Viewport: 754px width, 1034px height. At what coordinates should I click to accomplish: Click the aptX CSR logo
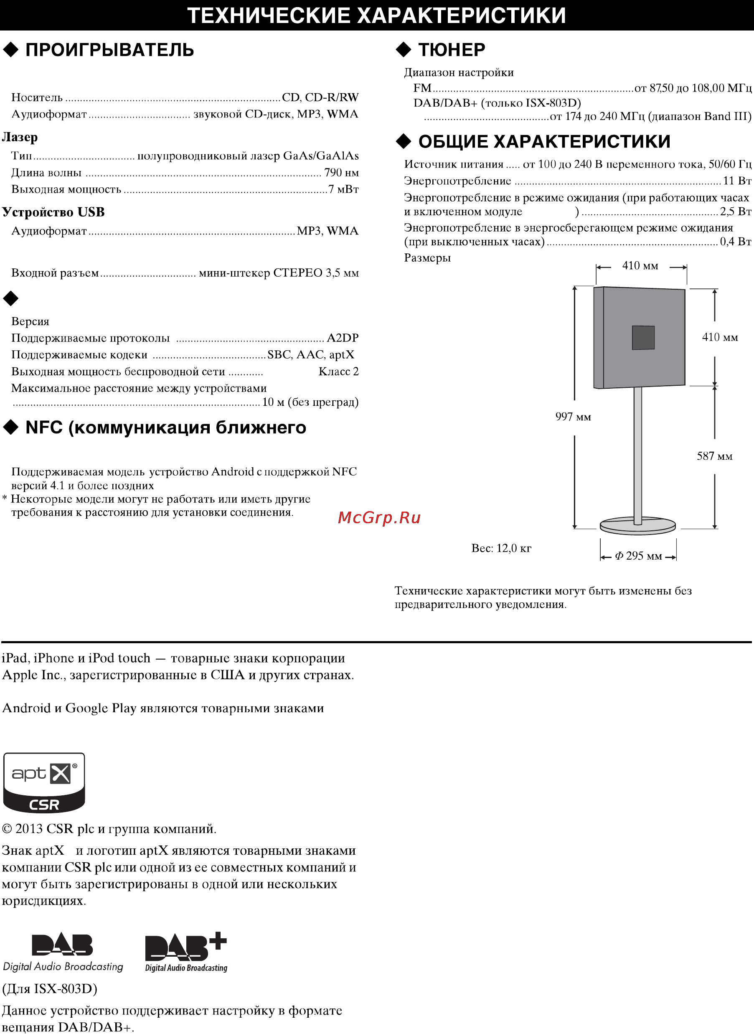point(44,782)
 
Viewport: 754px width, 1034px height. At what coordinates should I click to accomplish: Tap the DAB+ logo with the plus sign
point(186,952)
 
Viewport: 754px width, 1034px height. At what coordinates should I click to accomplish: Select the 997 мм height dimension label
point(573,417)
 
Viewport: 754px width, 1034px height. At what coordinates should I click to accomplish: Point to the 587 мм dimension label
point(714,456)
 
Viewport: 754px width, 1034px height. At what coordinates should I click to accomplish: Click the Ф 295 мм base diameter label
point(638,556)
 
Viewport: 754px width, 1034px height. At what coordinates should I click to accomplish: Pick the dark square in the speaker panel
point(643,338)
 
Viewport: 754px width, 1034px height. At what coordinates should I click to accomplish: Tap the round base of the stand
point(637,526)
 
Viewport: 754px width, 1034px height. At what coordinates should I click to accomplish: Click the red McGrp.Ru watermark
point(379,517)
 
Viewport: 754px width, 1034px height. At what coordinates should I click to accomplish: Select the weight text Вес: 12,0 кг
point(501,548)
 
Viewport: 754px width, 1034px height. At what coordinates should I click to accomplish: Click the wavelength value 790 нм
point(341,173)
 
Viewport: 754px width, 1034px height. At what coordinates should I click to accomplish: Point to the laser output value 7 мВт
point(343,189)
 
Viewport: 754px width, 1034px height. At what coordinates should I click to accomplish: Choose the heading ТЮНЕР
point(452,49)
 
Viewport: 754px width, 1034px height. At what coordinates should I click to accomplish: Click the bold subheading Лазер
point(20,137)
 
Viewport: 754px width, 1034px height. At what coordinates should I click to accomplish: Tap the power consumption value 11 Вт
point(736,181)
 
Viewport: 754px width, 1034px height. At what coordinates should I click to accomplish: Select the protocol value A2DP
point(342,338)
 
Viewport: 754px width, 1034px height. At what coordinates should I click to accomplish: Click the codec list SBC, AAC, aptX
point(310,355)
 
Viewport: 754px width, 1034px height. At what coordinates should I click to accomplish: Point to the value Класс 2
point(338,372)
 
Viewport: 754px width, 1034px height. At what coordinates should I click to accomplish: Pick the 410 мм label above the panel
point(640,266)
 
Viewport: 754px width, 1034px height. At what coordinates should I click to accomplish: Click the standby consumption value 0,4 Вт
point(735,242)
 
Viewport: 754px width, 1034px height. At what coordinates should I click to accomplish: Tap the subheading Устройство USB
point(53,212)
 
